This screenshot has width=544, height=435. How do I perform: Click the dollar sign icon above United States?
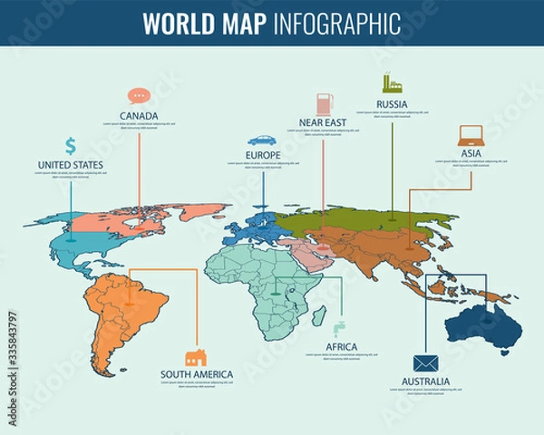click(x=71, y=145)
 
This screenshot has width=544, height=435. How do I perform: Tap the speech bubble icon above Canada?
click(x=138, y=95)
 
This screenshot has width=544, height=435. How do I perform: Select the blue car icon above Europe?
click(x=262, y=140)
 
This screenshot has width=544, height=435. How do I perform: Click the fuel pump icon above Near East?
click(x=324, y=102)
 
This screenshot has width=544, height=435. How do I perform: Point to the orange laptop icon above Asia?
click(x=471, y=136)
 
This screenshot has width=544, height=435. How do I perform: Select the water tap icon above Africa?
click(x=339, y=328)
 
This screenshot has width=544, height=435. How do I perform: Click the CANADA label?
click(x=139, y=116)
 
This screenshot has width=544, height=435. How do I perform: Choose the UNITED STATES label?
click(x=70, y=165)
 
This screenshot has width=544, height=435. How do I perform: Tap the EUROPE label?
click(x=262, y=156)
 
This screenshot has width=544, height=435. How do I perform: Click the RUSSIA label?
click(x=392, y=104)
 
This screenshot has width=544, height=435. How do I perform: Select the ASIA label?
click(x=471, y=154)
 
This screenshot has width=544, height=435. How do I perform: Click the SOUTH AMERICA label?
click(x=197, y=374)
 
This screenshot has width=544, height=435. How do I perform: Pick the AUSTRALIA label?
click(x=424, y=382)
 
